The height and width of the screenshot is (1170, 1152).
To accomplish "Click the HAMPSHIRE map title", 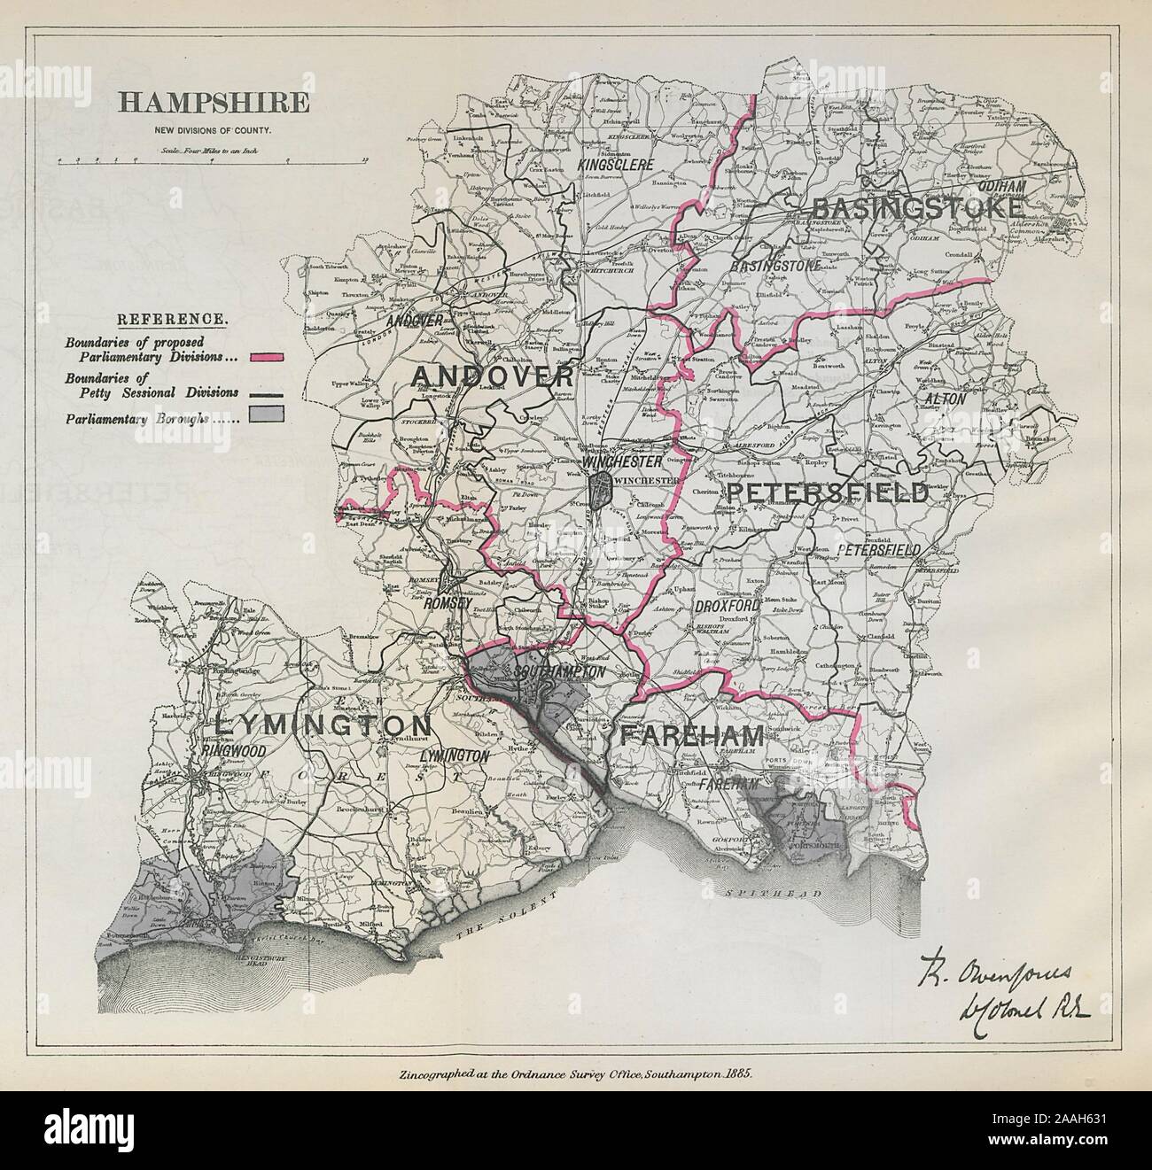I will tap(214, 103).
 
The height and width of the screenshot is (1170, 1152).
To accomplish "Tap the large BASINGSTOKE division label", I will tap(917, 207).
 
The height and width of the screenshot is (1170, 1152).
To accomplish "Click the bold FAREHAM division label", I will tap(691, 734).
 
